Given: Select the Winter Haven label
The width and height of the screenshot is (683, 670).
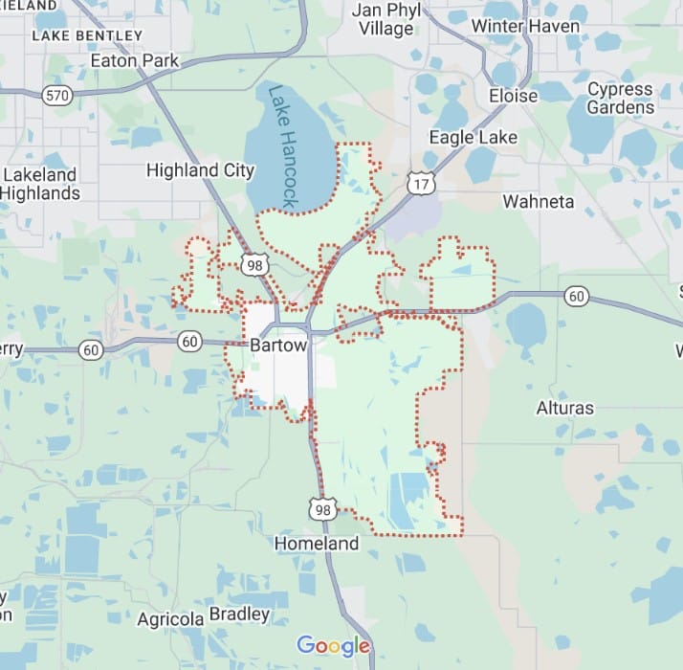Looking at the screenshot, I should coord(525,26).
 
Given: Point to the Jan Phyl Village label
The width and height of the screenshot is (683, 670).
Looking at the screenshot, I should coord(386,18).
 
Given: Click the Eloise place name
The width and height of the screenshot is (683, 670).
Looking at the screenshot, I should coord(514,96).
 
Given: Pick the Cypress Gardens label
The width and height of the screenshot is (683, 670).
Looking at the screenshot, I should coord(621,98).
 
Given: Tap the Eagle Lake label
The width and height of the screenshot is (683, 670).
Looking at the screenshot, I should coord(473,137).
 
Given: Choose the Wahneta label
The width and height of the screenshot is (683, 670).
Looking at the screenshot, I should coord(539,202).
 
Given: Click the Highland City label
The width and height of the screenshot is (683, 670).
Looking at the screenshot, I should coord(200,170).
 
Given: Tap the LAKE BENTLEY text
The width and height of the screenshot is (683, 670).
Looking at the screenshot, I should coord(87,35).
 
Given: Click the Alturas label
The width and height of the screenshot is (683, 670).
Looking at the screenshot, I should coord(564,408).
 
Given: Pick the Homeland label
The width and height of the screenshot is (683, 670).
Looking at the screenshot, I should coord(317,544).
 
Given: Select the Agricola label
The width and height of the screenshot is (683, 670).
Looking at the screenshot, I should coord(170,619).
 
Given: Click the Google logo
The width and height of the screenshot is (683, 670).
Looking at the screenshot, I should coord(332,646).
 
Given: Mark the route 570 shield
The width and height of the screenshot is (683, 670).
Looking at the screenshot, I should coord(57,95).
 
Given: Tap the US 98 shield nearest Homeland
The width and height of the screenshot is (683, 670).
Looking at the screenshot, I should coord(322,508).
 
